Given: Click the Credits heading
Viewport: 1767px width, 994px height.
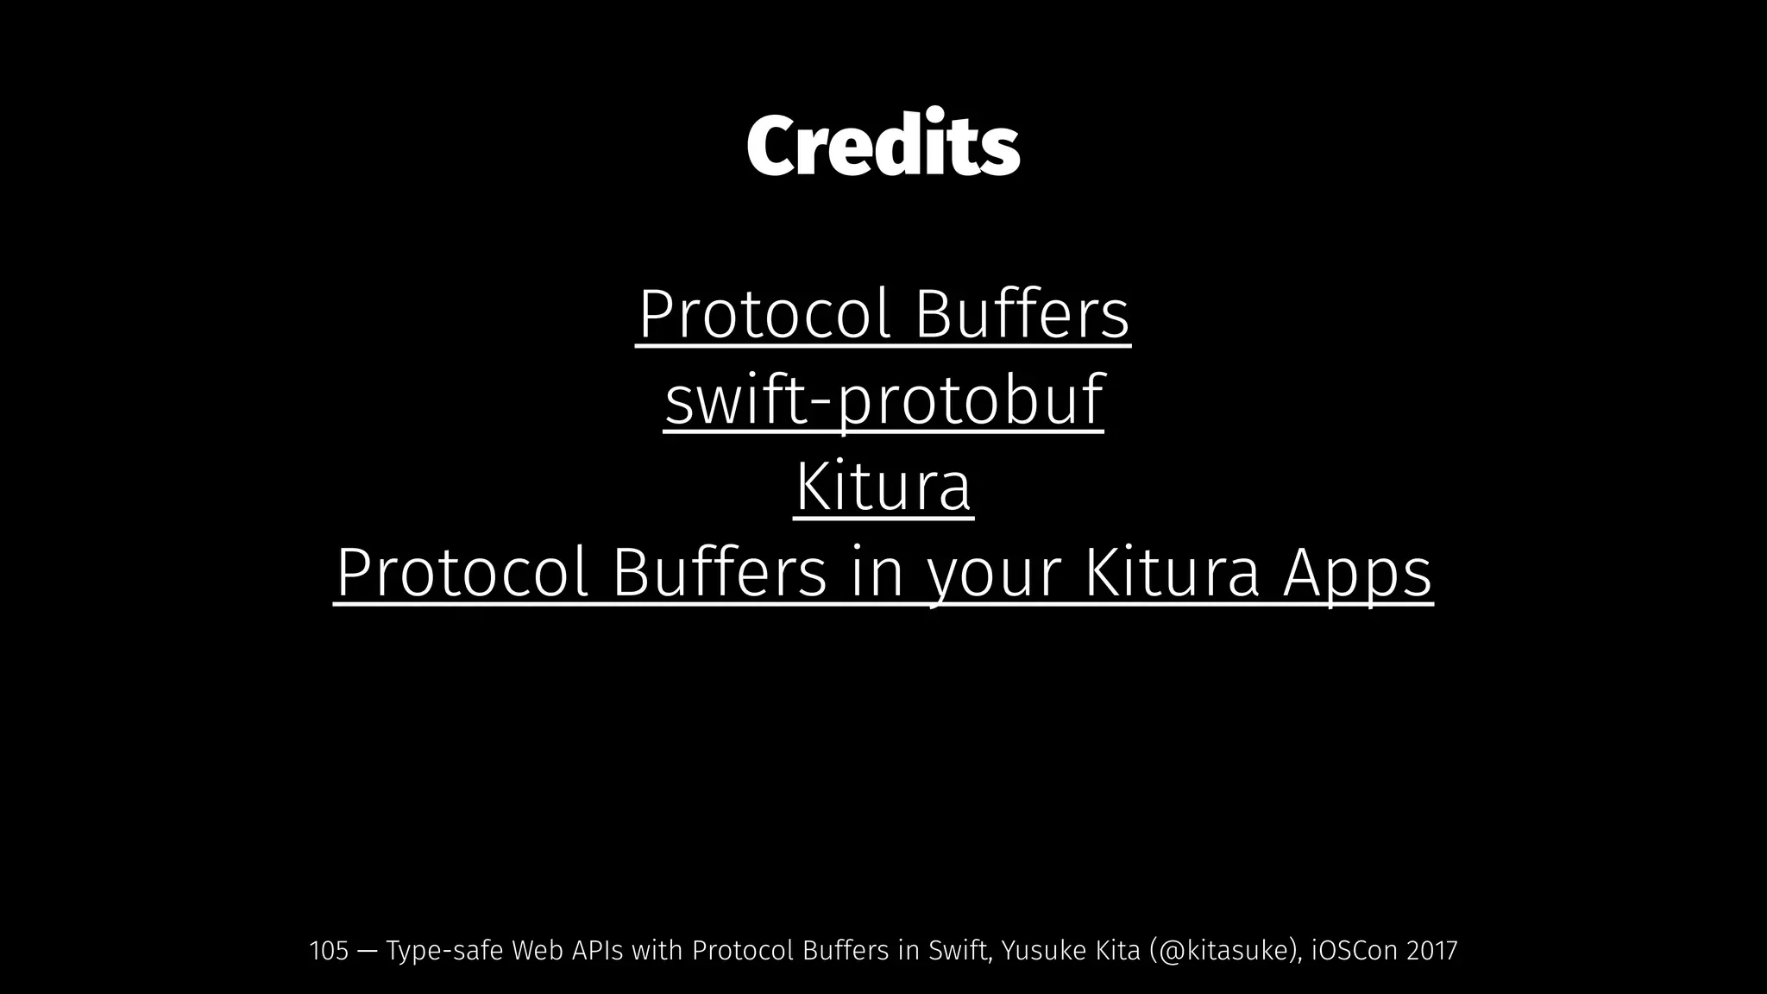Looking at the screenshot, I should pyautogui.click(x=883, y=145).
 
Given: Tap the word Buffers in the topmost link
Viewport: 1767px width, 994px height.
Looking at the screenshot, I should pyautogui.click(x=1022, y=316).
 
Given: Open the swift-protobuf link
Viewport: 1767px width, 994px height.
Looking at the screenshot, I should pyautogui.click(x=883, y=401).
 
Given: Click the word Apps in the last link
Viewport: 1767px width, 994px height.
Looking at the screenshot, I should pyautogui.click(x=1357, y=574).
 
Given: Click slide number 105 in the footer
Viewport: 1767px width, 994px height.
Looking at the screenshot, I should pyautogui.click(x=329, y=951).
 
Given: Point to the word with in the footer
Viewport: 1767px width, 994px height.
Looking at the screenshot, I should pyautogui.click(x=657, y=951).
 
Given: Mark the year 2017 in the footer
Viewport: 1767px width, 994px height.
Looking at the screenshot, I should pyautogui.click(x=1432, y=951).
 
